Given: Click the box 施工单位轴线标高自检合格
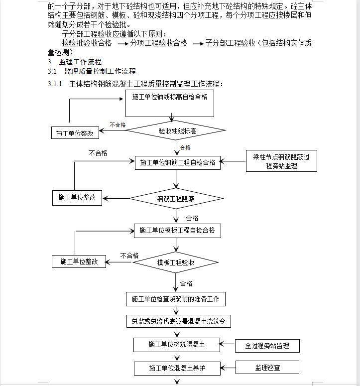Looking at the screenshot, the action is (169, 103).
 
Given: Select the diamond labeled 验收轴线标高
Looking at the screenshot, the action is (175, 130).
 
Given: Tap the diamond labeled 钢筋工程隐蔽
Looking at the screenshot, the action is (176, 198).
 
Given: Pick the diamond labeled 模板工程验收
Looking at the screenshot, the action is (176, 262).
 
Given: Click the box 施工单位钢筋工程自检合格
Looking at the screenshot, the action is (178, 163).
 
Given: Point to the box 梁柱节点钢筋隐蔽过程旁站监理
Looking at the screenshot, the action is (281, 161).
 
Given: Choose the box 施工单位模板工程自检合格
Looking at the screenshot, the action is (177, 231).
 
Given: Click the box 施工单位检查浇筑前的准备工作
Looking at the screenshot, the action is (176, 299).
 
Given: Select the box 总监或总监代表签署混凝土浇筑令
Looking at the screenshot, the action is (179, 321).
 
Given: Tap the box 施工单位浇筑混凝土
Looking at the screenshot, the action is (177, 345).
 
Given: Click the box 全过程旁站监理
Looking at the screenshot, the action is (267, 346).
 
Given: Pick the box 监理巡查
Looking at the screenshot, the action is (267, 368).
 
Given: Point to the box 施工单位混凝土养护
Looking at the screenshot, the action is (177, 368).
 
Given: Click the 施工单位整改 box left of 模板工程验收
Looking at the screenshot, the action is (79, 261).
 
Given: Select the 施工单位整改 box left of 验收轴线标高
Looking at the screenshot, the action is (75, 133).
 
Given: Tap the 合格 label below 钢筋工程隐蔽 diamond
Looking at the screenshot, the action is (192, 218).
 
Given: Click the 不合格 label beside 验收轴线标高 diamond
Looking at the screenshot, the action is (118, 125).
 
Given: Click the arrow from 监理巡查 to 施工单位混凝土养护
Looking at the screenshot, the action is (228, 368).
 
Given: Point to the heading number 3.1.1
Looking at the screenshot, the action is (55, 84).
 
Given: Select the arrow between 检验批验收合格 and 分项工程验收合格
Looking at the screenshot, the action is (123, 44).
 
